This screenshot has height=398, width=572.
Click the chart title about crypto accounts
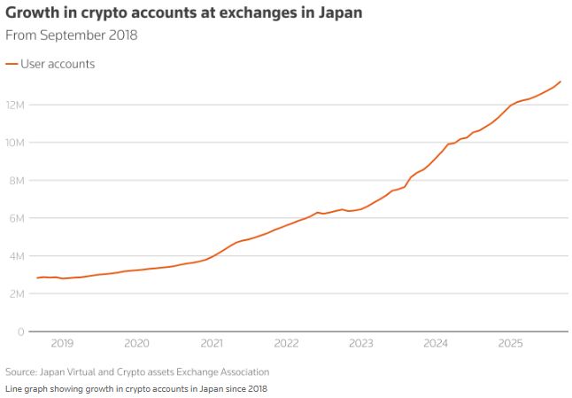[182, 14]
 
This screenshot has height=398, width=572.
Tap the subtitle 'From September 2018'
[72, 35]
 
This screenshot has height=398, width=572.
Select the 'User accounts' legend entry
[57, 64]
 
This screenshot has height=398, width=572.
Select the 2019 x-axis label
[62, 343]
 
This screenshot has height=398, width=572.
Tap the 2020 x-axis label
[136, 343]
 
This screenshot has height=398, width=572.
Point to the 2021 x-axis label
[212, 343]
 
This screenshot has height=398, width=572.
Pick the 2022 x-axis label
[286, 343]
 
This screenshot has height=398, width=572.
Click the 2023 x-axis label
[360, 343]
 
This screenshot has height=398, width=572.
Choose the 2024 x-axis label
[436, 343]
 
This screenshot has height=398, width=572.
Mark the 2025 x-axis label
[510, 343]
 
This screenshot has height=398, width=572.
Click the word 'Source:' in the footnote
[21, 372]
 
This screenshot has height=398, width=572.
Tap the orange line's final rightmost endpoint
[560, 82]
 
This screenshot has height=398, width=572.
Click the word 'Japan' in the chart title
[336, 14]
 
